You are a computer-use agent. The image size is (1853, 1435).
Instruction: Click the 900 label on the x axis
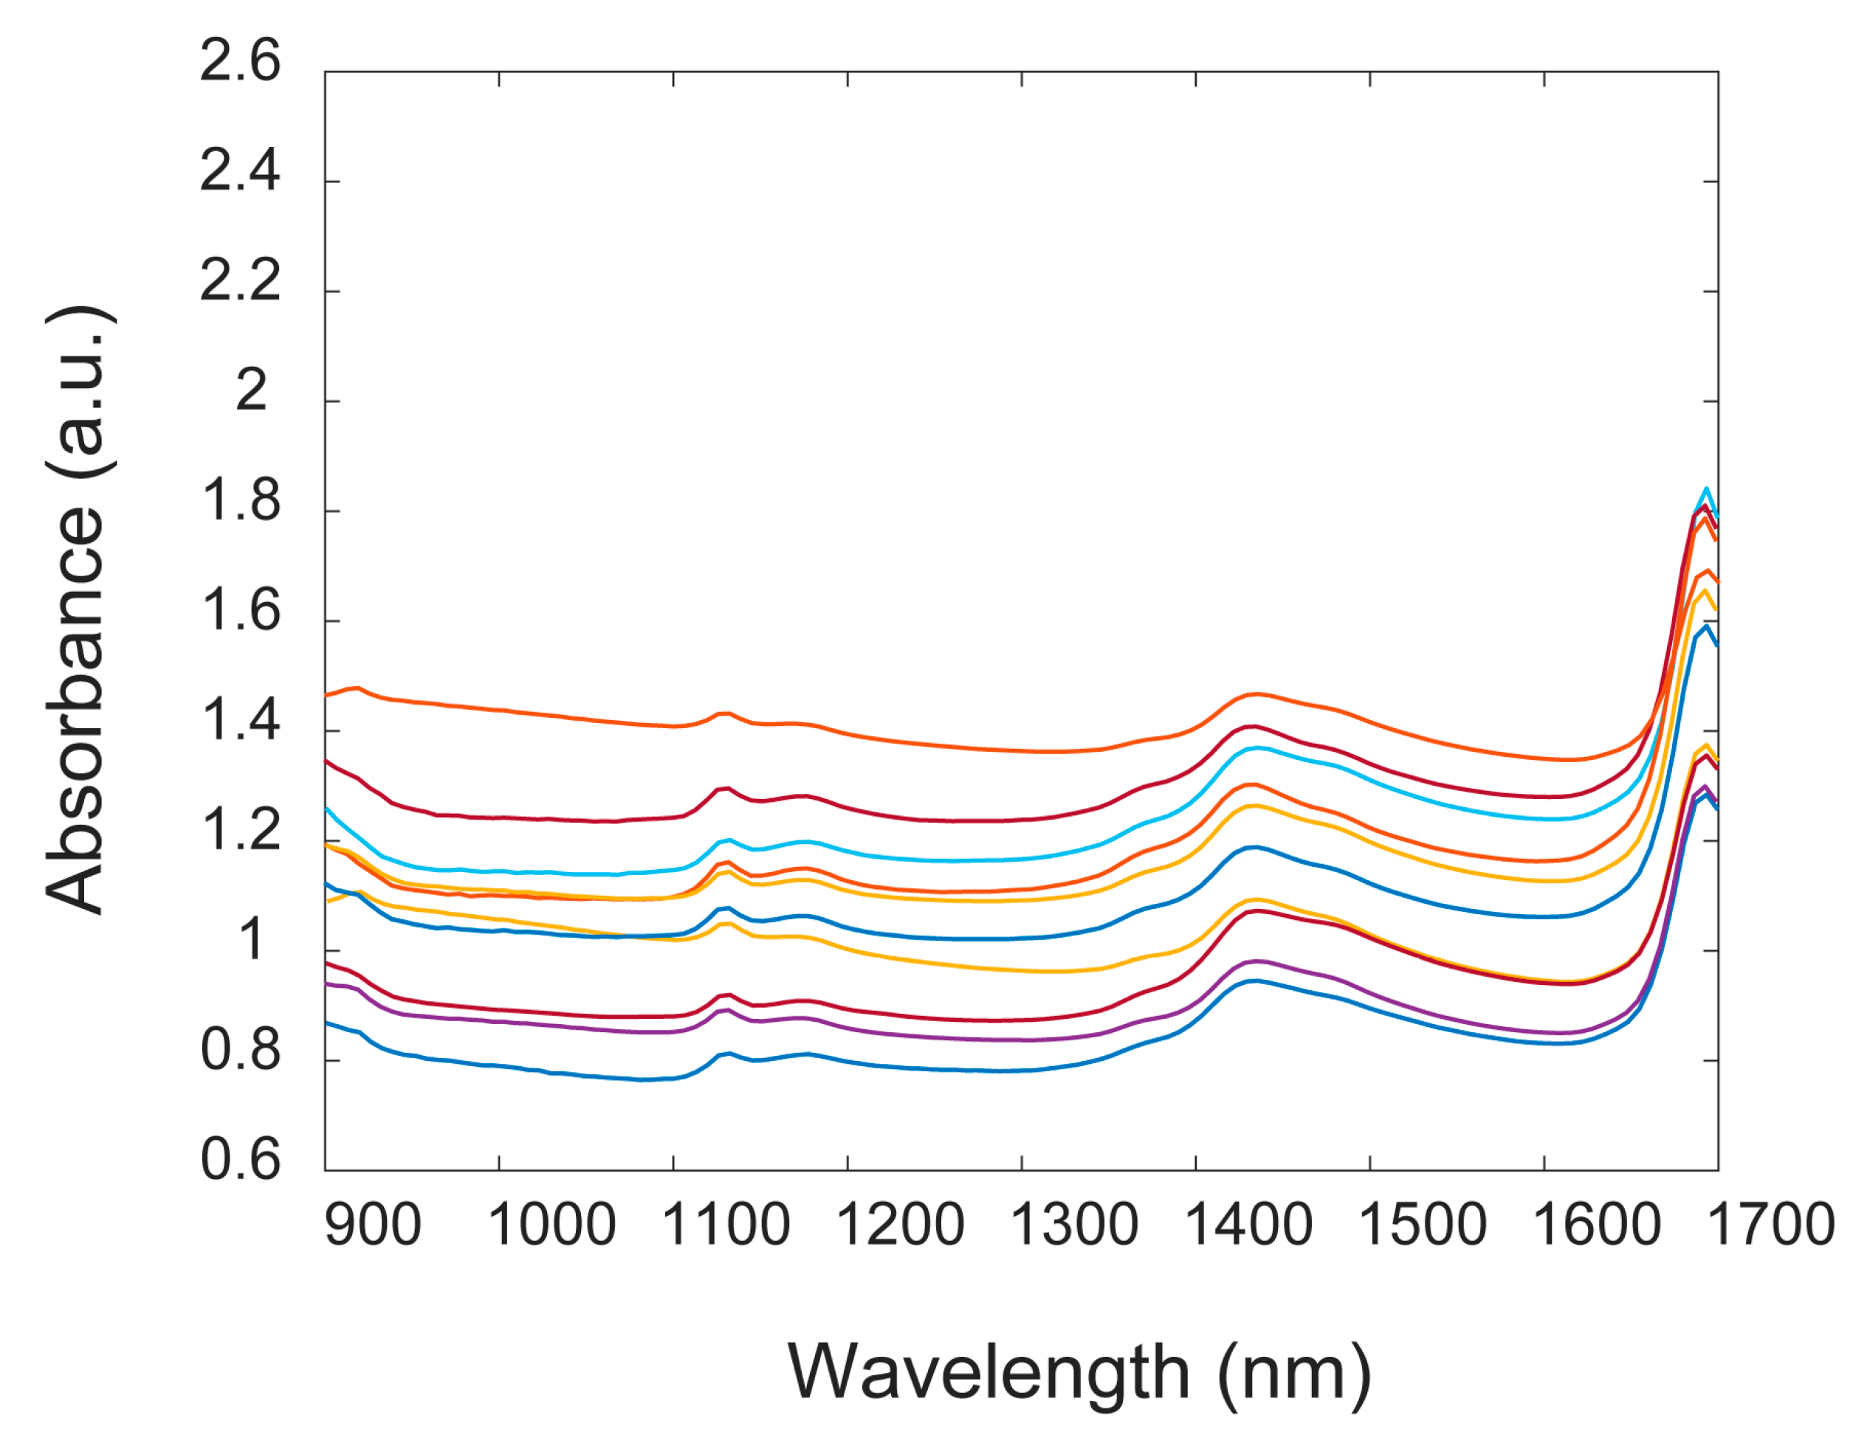(x=374, y=1226)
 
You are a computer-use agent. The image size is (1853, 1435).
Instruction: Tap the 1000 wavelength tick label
(x=551, y=1226)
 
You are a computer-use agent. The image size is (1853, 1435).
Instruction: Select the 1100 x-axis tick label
(x=726, y=1226)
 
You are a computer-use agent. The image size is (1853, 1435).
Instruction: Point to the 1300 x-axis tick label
(x=1074, y=1226)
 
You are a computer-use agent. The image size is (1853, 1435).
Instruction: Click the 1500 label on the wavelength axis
(x=1423, y=1226)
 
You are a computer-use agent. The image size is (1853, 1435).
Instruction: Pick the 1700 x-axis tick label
(x=1771, y=1226)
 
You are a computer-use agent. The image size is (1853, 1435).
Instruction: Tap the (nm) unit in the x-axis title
(x=1294, y=1372)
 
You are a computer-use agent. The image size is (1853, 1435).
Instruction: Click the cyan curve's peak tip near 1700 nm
(x=1705, y=489)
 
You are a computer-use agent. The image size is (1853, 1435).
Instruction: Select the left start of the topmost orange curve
(x=328, y=696)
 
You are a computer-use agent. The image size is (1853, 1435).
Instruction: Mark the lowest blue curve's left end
(x=328, y=1023)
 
